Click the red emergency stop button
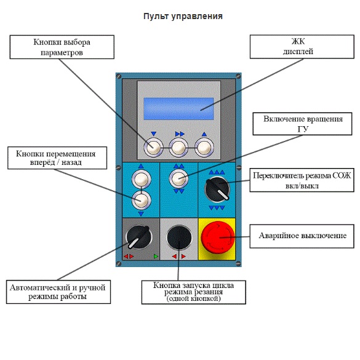click(218, 238)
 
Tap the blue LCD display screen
click(178, 108)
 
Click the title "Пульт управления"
click(183, 16)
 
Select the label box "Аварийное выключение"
click(302, 236)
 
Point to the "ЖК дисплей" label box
click(302, 47)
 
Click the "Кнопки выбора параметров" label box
click(62, 47)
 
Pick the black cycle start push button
click(179, 237)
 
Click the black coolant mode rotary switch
click(217, 189)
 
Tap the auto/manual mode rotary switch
click(139, 237)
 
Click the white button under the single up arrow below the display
click(204, 148)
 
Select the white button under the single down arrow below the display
click(153, 148)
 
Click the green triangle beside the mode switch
click(156, 256)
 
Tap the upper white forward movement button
click(141, 179)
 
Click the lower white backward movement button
click(141, 200)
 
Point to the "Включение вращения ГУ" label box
click(302, 124)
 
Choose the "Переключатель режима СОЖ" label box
click(302, 180)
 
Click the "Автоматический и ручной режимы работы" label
click(58, 292)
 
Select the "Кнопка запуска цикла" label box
click(194, 292)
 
